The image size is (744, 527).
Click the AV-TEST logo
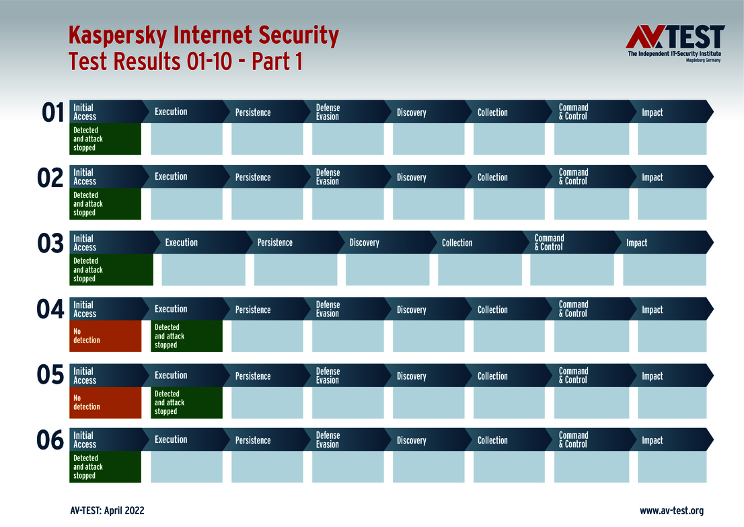675,43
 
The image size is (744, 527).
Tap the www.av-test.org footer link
671,511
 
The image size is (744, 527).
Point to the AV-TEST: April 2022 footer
107,511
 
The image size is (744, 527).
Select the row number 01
52,113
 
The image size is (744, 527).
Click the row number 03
50,244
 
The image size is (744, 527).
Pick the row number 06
50,441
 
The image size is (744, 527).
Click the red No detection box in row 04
106,336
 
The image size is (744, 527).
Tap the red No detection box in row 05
106,402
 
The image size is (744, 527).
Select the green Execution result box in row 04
186,336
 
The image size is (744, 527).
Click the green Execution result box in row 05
186,402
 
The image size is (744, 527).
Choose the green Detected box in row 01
106,139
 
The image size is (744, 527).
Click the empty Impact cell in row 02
672,204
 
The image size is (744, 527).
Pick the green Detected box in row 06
106,466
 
